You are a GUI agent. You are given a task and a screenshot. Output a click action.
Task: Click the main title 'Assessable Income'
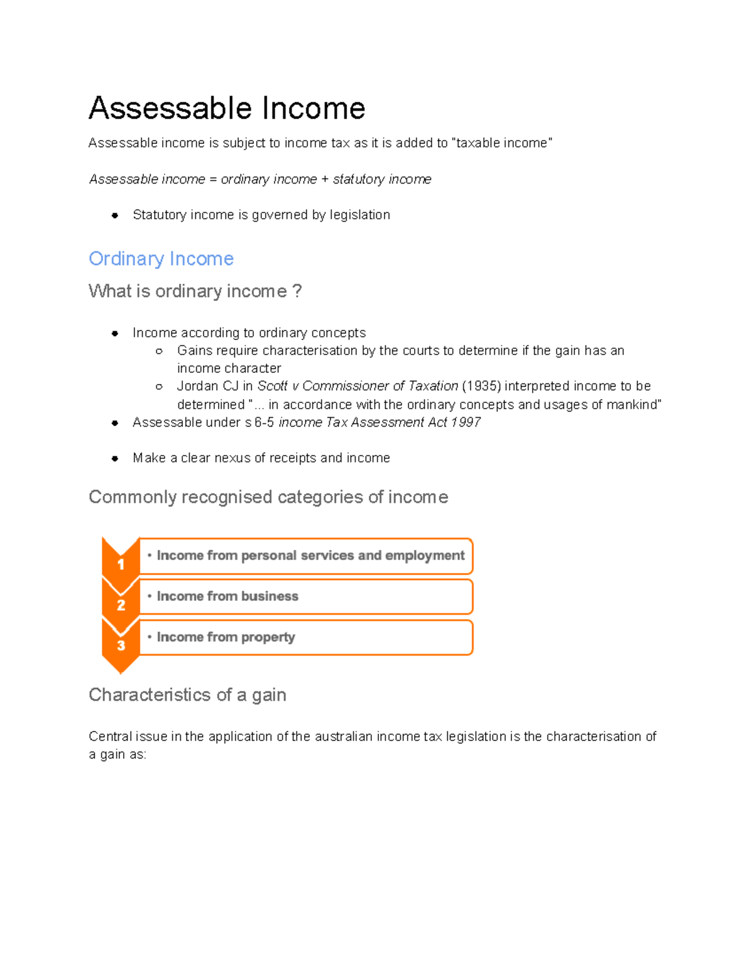227,108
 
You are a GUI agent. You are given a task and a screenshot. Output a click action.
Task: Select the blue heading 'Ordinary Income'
161,258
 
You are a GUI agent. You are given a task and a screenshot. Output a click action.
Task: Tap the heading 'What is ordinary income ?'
195,291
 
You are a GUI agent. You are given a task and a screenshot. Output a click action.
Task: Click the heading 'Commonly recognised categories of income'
268,497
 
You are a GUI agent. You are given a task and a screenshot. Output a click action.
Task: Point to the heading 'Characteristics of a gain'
187,694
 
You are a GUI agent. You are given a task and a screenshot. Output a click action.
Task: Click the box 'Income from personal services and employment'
306,556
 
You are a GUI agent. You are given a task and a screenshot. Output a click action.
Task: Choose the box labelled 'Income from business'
306,596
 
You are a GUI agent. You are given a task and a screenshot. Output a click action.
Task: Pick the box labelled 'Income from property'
306,637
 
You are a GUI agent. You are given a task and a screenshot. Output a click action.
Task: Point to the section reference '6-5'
264,422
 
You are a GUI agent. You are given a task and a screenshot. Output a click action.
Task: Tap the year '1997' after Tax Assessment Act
466,422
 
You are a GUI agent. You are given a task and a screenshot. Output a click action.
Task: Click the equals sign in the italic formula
213,180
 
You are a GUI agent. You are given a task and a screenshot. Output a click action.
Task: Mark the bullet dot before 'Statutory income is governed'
115,216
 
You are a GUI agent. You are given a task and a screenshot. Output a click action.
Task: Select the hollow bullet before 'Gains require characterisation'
159,351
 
